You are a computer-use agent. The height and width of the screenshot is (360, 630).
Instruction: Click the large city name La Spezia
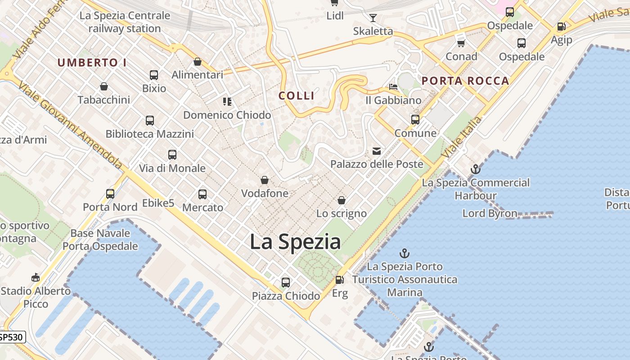tap(295, 242)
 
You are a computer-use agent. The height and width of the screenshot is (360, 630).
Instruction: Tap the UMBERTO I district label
tap(92, 63)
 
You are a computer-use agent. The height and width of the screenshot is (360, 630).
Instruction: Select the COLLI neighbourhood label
tap(297, 95)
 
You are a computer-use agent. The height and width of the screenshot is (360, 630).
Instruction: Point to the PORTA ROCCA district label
tap(465, 81)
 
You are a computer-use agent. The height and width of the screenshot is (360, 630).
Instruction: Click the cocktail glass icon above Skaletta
tap(373, 18)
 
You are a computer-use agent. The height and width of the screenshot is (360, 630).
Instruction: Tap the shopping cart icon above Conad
tap(461, 43)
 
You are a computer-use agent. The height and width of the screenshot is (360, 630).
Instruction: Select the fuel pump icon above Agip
tap(561, 27)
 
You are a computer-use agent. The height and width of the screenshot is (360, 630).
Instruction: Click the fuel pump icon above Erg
tap(340, 280)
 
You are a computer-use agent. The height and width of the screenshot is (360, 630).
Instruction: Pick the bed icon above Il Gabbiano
tap(393, 86)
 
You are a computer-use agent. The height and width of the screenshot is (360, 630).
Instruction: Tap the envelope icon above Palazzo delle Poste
tap(376, 151)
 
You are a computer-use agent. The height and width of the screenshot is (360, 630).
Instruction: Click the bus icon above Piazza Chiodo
tap(286, 283)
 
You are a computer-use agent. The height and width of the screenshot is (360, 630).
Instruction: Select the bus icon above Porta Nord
tap(110, 194)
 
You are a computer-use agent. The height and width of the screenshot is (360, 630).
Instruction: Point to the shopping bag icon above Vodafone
tap(265, 180)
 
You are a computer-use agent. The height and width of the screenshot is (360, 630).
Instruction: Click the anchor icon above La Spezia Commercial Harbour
tap(476, 170)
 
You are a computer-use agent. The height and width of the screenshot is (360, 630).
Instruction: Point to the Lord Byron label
tap(490, 213)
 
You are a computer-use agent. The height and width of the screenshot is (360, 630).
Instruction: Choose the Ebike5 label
tap(158, 203)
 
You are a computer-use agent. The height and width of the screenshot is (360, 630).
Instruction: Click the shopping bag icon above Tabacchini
tap(104, 86)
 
